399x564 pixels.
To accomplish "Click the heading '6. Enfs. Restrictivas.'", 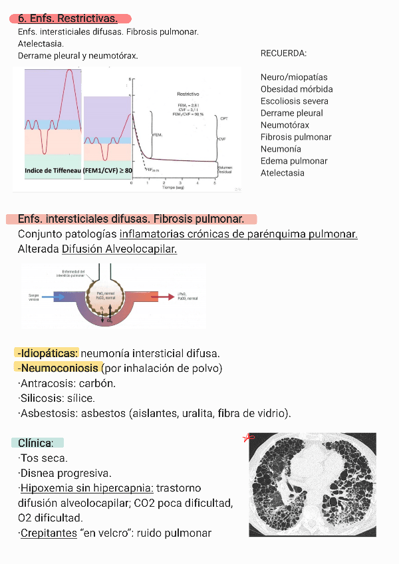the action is click(68, 19).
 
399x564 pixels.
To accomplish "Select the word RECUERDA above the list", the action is click(283, 53).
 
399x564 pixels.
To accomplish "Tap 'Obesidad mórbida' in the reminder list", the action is click(297, 89).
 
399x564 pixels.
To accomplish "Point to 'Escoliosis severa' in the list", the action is click(295, 101).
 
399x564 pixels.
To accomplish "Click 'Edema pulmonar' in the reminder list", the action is click(294, 161).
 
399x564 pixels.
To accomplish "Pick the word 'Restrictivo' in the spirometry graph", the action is click(188, 94).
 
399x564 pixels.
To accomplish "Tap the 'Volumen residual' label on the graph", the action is click(225, 170).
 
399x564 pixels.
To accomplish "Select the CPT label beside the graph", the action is click(224, 118).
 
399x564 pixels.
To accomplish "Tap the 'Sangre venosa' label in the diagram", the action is click(34, 297).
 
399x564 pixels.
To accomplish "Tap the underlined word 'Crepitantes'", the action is click(49, 533).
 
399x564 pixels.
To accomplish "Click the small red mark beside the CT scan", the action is click(249, 438).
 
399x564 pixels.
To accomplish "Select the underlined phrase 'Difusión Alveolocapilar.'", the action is click(119, 249).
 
